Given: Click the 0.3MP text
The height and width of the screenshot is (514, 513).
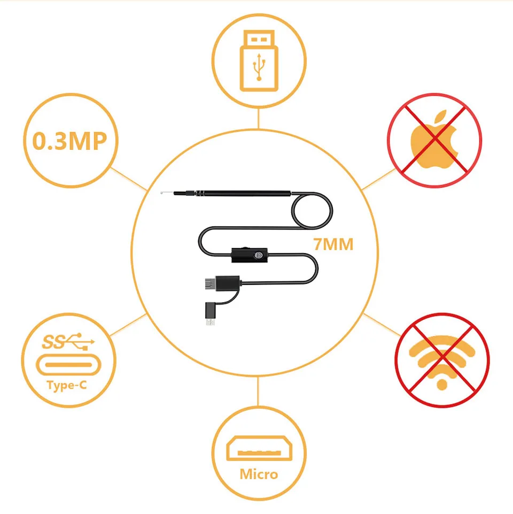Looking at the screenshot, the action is pos(69,141).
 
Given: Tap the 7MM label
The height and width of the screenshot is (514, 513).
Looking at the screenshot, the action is pos(333,245).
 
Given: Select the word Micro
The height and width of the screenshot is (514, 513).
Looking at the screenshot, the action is pos(259,474).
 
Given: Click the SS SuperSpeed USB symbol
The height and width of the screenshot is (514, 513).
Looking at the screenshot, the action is pos(68,341).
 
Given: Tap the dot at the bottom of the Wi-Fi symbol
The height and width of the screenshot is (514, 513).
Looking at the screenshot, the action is pos(441,383).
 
